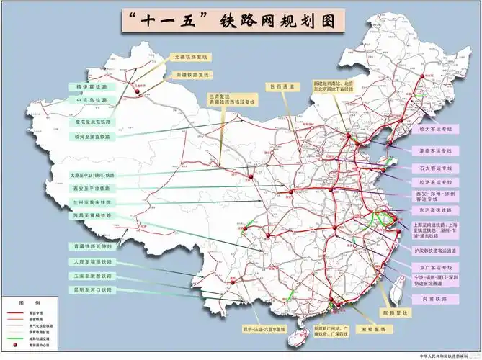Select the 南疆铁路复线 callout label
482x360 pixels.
(191, 74)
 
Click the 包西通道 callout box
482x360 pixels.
(282, 87)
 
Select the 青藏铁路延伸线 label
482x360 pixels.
(92, 246)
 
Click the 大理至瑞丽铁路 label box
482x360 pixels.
(92, 261)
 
